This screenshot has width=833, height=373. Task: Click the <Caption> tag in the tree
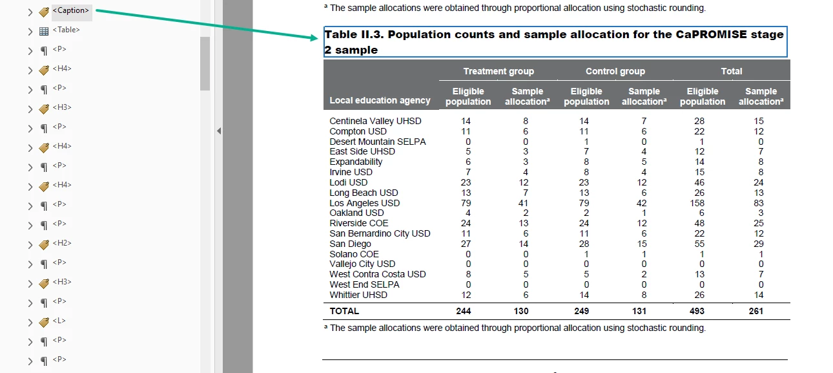tap(71, 11)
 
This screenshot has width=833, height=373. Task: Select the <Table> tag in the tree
tap(66, 30)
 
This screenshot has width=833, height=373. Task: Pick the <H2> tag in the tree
tap(62, 244)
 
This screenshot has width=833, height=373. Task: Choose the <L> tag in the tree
tap(59, 321)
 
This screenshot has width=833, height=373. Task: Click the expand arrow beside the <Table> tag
tap(30, 31)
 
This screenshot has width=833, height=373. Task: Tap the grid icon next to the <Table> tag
tap(44, 31)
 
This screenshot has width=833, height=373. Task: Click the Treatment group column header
tap(498, 71)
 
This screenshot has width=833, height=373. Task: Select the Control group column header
tap(615, 71)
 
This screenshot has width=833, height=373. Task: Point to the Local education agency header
tap(380, 100)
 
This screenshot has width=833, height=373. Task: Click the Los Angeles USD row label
tap(364, 203)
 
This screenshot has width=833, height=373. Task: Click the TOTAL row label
tap(344, 311)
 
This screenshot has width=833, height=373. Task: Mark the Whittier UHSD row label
tap(358, 295)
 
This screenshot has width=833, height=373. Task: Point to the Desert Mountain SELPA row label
tap(378, 142)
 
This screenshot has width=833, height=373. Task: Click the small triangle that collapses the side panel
tap(218, 131)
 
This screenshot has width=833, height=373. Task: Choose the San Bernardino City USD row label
tap(380, 233)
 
